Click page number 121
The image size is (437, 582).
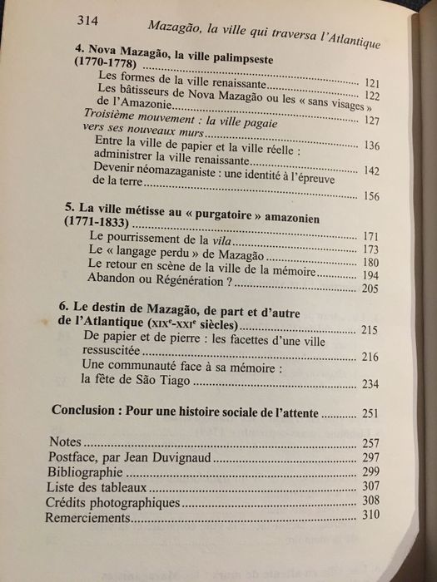(x=372, y=84)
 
